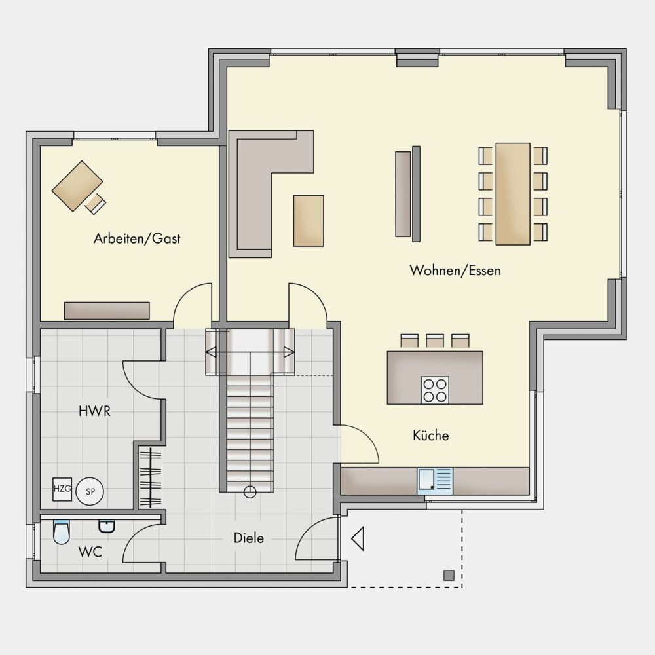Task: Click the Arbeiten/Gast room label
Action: point(137,238)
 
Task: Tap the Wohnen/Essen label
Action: point(455,271)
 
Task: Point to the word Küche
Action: point(431,436)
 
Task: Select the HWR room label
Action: point(95,411)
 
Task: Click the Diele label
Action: point(248,538)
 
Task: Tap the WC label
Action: point(90,552)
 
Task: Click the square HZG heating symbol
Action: point(62,489)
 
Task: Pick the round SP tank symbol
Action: point(90,492)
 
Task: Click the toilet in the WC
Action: point(61,532)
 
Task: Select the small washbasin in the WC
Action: point(107,527)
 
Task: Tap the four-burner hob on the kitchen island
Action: point(435,390)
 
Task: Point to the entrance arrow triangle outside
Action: point(358,538)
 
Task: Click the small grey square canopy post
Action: point(449,575)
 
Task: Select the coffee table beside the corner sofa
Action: point(309,221)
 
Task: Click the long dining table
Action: point(513,194)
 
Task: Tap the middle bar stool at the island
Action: point(435,341)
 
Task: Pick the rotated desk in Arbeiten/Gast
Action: point(78,186)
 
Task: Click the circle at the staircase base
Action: point(250,492)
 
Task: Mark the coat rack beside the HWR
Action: point(149,479)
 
